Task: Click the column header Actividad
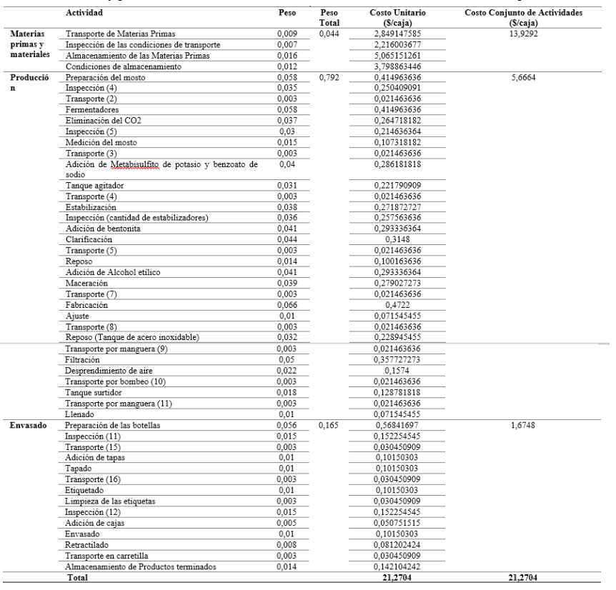click(84, 13)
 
